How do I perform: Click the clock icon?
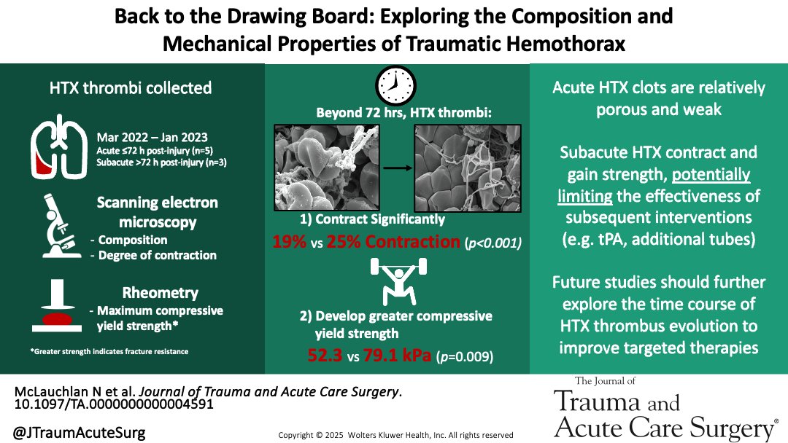point(395,85)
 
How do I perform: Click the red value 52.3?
point(329,358)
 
